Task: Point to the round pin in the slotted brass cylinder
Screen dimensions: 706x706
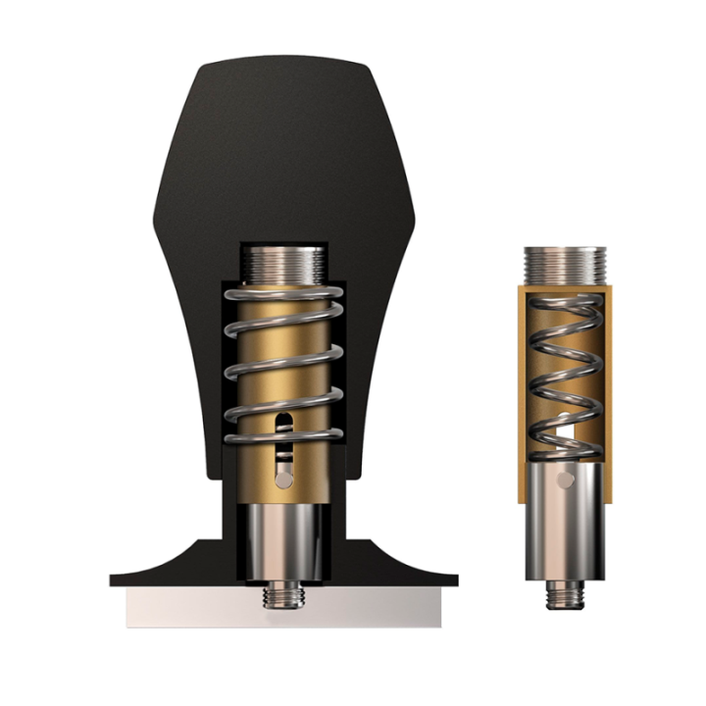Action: point(282,478)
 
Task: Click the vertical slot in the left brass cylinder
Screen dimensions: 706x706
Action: point(283,423)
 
